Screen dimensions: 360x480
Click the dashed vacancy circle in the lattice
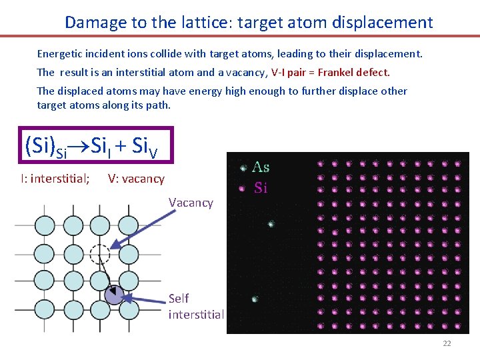99,254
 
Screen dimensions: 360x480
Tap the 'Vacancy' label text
191,203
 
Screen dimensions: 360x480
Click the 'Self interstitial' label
196,306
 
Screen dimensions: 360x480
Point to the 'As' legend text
261,168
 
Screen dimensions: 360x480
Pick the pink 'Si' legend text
261,188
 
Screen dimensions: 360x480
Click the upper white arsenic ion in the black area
271,225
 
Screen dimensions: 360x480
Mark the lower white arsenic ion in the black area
255,299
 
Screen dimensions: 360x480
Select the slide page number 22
447,343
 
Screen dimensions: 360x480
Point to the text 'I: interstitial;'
55,179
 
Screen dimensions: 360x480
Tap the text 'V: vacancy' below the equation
136,179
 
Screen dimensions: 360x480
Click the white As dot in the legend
243,168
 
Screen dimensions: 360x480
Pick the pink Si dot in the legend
243,188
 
